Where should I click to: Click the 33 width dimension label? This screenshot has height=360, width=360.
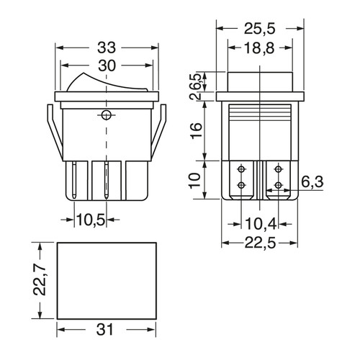pos(107,48)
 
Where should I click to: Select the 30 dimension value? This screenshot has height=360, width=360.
pos(107,66)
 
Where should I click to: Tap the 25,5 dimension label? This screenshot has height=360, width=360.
pos(260,29)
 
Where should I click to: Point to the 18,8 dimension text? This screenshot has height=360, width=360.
pos(259,48)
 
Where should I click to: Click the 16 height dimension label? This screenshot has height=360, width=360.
pos(196,130)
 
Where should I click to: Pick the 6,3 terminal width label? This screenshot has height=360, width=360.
pos(312,181)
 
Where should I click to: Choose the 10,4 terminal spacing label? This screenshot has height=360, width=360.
pos(261,224)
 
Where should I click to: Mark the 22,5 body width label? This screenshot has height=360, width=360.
pos(260,243)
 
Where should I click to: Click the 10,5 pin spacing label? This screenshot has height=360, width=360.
pos(91,220)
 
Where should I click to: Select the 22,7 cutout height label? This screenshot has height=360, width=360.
pos(39,280)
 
